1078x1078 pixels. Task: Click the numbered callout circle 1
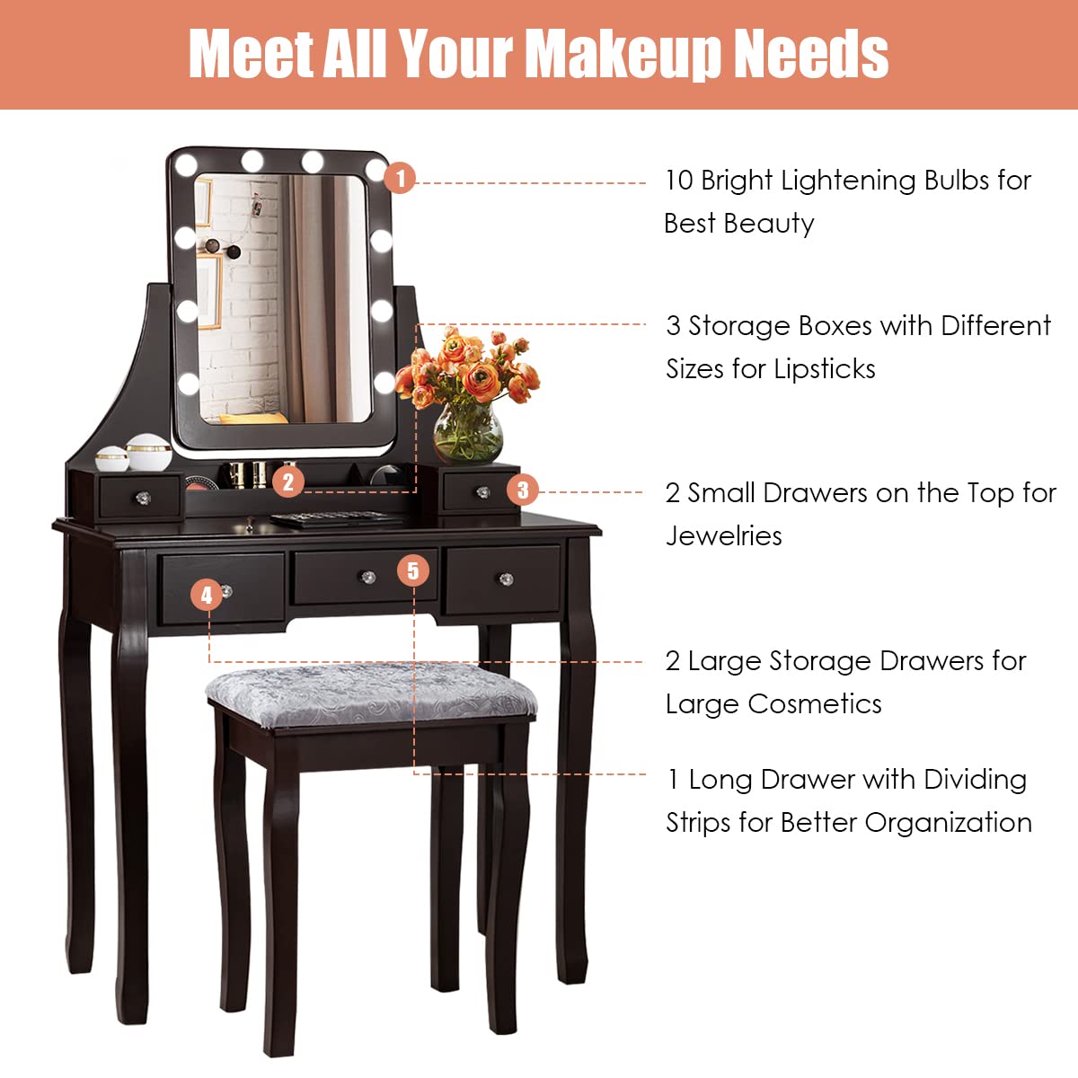400,178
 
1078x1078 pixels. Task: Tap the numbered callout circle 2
287,482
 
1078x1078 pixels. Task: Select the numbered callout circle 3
523,490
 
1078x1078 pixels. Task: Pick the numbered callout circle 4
207,594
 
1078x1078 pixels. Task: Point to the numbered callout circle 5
412,570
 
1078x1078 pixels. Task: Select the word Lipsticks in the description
825,369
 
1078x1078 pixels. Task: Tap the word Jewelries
723,536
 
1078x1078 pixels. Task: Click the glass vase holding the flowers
468,433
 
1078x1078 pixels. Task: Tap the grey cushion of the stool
370,692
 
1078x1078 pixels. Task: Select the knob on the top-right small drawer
482,492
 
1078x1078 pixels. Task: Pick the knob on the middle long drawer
367,576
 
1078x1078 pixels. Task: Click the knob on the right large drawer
506,579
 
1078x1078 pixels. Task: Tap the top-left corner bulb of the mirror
186,165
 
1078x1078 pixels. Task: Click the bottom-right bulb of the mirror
384,382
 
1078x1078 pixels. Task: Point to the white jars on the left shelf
135,453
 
